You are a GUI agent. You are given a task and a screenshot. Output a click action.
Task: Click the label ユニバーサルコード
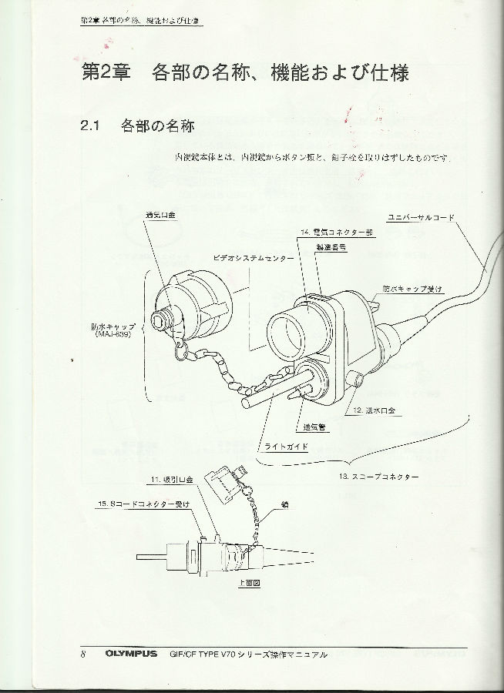(421, 218)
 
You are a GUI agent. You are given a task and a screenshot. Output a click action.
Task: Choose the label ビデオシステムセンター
(253, 259)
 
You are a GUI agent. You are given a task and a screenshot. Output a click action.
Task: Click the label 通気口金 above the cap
(161, 216)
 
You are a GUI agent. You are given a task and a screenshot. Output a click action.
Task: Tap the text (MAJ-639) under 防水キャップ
(113, 334)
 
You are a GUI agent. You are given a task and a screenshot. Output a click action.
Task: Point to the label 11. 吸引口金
(172, 480)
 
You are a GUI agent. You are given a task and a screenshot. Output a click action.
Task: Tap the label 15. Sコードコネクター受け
(145, 503)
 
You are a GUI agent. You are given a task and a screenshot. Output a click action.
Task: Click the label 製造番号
(330, 246)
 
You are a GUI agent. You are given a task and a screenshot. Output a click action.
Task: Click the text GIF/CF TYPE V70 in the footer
(201, 654)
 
